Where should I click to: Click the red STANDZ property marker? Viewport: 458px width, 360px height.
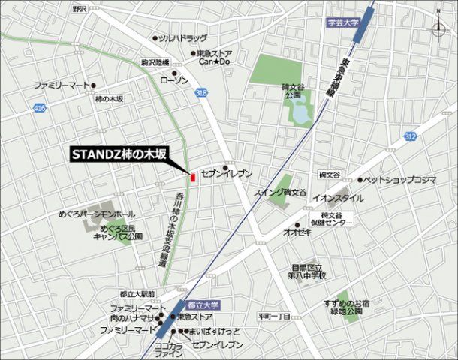point(193,178)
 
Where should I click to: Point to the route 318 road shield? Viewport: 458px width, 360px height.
point(201,92)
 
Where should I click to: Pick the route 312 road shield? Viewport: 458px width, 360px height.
point(409,136)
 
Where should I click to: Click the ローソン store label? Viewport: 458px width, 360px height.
point(174,79)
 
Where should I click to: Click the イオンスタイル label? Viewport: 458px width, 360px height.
point(338,198)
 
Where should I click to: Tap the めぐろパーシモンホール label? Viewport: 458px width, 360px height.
point(97,214)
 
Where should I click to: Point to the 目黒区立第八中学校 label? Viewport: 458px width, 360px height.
point(309,271)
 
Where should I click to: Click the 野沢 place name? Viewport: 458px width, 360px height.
point(80,10)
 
